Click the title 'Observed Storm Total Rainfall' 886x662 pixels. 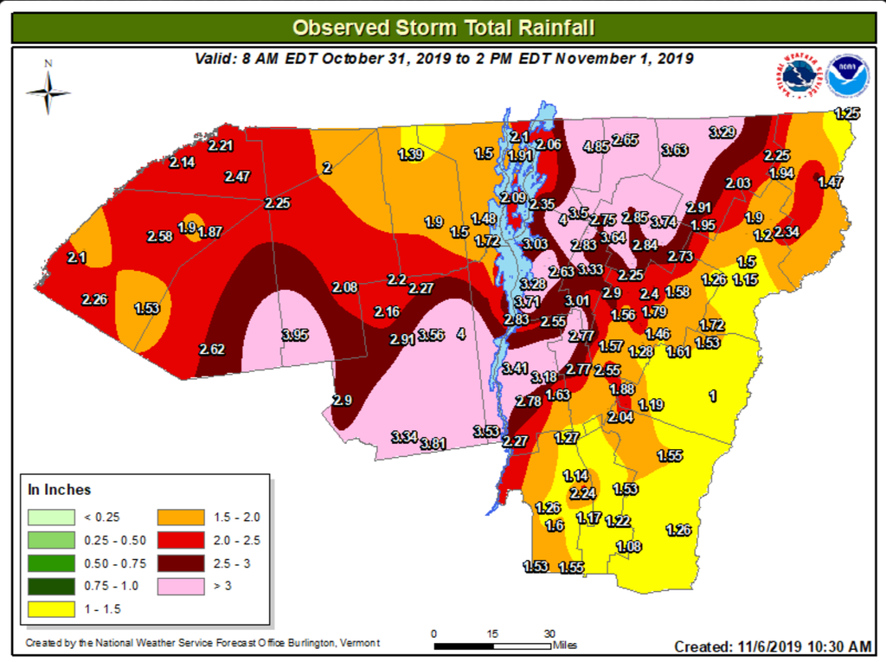pos(443,27)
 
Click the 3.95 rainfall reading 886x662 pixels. pos(295,335)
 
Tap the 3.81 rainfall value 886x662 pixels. pos(433,444)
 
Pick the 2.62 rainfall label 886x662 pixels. pos(212,350)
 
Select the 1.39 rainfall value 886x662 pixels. pos(410,154)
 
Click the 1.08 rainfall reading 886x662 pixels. pos(629,546)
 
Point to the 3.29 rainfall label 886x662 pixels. pos(722,132)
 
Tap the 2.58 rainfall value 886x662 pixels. pos(159,235)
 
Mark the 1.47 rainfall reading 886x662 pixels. pos(830,182)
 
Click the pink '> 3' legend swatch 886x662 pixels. pos(181,586)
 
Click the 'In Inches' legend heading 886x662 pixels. pos(60,490)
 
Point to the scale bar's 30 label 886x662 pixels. pos(549,633)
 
